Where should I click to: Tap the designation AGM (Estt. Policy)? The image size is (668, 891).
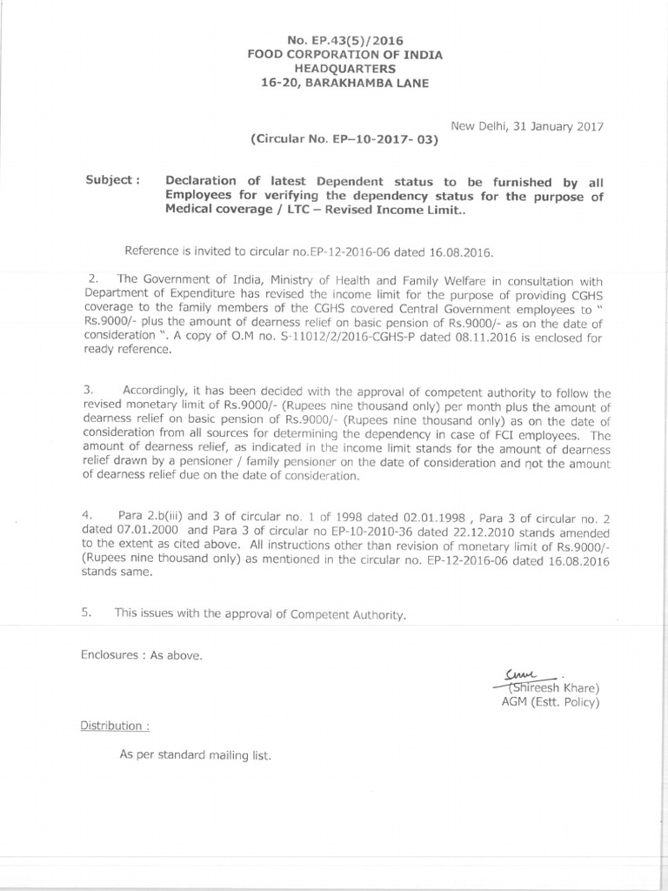[549, 700]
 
